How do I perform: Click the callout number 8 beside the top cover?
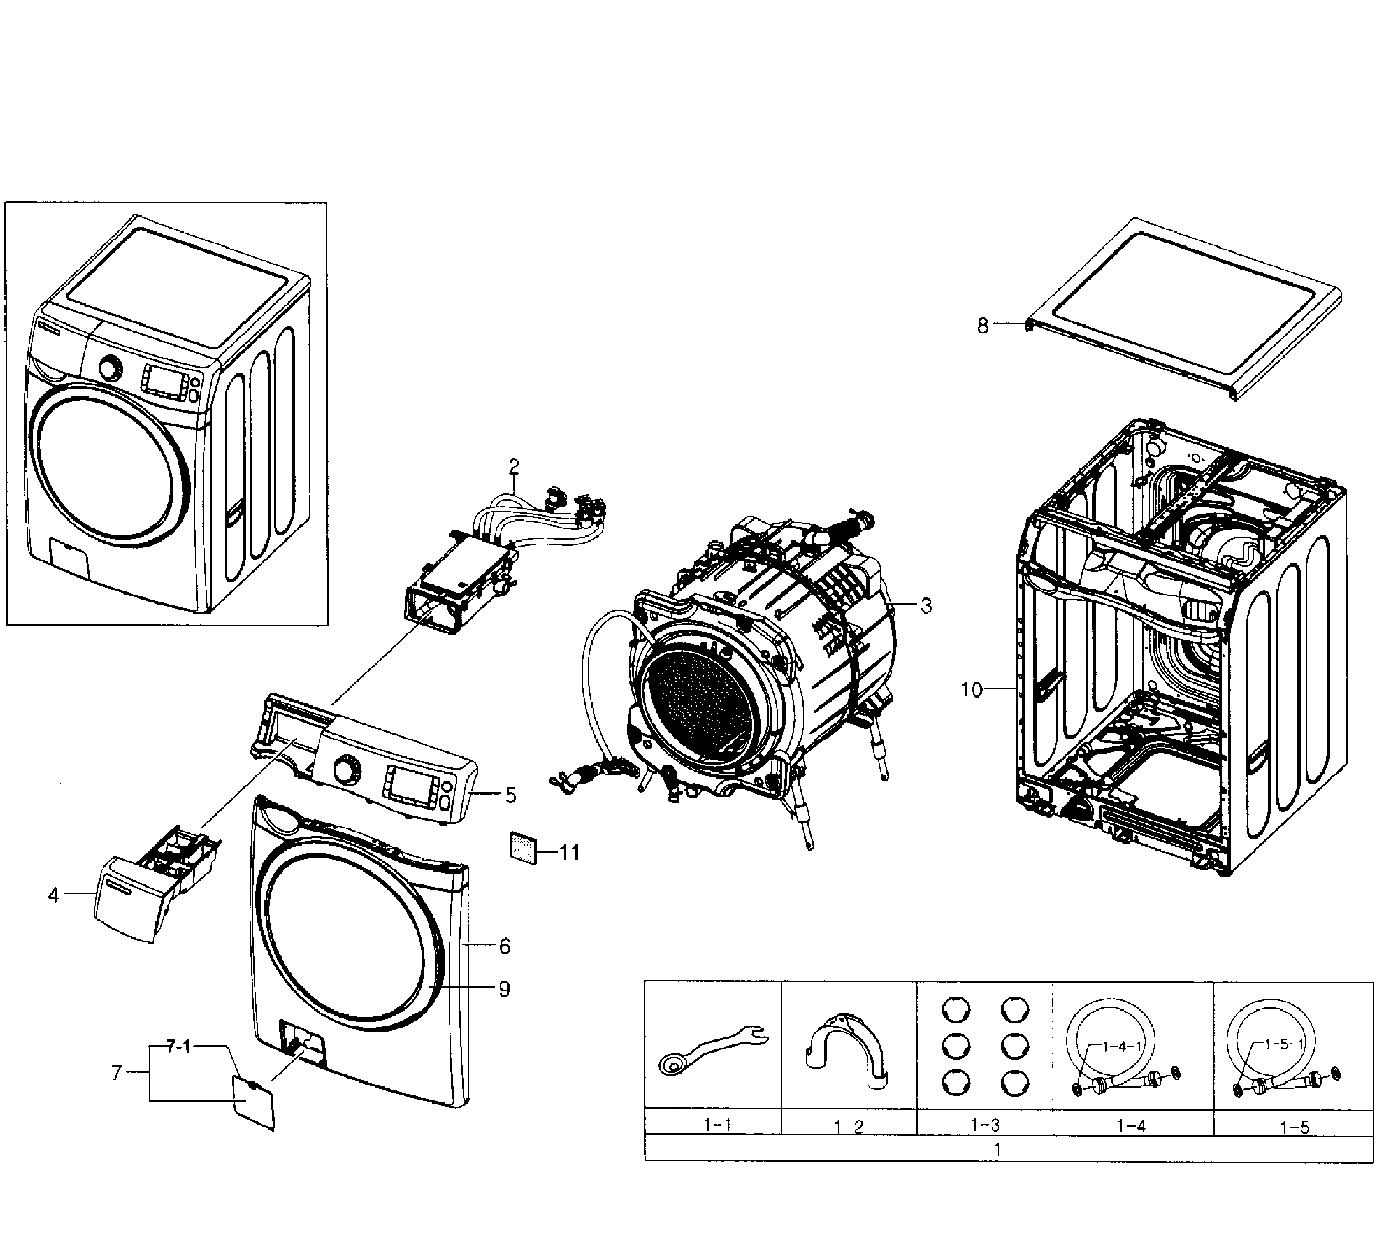click(x=983, y=326)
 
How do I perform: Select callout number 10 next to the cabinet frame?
click(x=972, y=689)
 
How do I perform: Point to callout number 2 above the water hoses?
click(x=513, y=466)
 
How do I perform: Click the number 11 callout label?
click(x=569, y=853)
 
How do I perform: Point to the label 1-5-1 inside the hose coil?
click(x=1284, y=1044)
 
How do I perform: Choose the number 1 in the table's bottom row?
click(x=997, y=1150)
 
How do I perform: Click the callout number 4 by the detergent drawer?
click(x=54, y=895)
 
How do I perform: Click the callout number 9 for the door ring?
click(x=504, y=989)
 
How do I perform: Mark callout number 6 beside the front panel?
click(x=505, y=946)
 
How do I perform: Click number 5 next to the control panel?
click(x=510, y=795)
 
